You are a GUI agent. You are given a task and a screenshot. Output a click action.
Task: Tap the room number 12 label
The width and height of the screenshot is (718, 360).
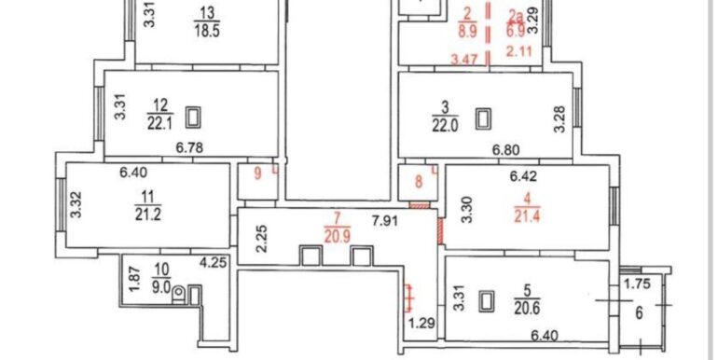click(159, 105)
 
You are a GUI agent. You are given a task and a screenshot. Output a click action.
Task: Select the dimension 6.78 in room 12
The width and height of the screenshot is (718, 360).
click(189, 147)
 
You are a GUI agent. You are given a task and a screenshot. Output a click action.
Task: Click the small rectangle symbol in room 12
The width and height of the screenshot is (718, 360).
click(193, 118)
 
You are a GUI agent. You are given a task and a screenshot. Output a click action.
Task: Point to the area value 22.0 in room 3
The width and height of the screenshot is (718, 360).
click(445, 125)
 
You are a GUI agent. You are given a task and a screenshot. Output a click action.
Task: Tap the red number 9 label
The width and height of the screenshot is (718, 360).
click(257, 174)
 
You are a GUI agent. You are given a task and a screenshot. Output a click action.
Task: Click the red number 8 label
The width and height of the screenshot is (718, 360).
click(419, 182)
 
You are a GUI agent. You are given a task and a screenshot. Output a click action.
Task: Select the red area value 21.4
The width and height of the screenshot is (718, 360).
click(528, 216)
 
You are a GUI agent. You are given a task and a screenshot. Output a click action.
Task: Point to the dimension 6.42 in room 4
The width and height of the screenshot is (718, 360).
click(523, 174)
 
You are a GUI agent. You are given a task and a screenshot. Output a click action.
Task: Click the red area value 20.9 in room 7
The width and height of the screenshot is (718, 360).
click(338, 236)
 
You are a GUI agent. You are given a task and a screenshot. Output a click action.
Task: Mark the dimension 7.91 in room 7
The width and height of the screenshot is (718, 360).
click(384, 222)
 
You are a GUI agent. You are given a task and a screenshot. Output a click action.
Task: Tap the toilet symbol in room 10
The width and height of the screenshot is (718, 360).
click(179, 295)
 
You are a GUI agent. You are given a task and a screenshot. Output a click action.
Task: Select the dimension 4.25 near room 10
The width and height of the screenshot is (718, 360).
click(211, 264)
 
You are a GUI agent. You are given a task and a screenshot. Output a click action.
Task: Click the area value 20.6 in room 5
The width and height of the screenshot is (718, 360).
click(527, 308)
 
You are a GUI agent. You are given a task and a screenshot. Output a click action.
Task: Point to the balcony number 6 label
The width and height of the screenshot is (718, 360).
click(640, 313)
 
